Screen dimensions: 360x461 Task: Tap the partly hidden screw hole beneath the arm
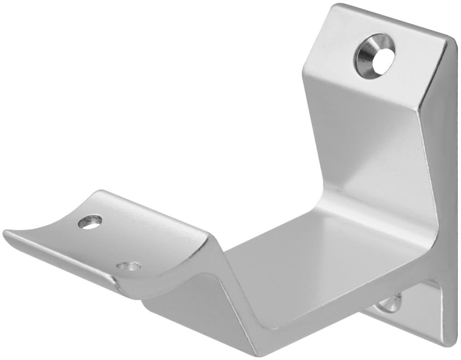[x=390, y=303]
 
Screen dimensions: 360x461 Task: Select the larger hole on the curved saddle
[x=90, y=222]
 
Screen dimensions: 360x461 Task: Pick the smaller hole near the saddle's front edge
[x=129, y=266]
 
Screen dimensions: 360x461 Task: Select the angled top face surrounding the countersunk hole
[x=341, y=51]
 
